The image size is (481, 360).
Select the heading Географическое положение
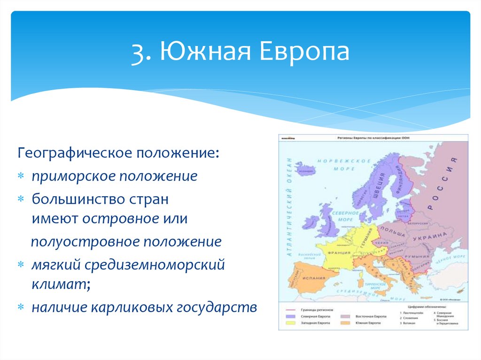click(118, 154)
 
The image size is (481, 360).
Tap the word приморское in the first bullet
click(73, 176)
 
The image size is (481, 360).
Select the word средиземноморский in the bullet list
click(155, 265)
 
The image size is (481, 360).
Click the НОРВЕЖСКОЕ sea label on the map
click(335, 161)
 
